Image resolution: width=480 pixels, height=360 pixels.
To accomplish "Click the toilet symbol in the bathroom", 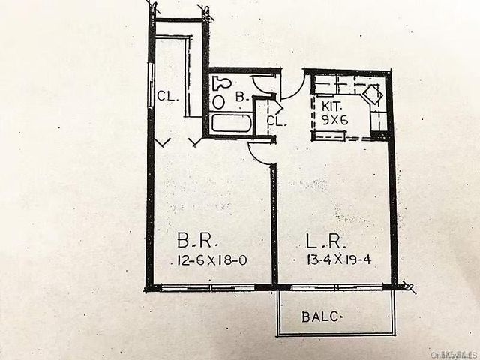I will [x=219, y=82].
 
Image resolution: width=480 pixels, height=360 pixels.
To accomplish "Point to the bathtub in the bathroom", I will [x=230, y=123].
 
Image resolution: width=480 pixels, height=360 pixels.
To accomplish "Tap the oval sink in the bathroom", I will [x=218, y=100].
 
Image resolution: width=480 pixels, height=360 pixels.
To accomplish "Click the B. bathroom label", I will [x=241, y=97].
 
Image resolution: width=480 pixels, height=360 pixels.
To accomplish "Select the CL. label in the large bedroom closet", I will [x=166, y=95].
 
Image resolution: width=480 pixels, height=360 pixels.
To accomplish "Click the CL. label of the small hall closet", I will [x=275, y=121].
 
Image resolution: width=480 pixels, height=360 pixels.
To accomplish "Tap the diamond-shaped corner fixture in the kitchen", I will [x=370, y=96].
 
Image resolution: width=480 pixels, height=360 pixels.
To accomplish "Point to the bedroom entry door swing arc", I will [x=259, y=153].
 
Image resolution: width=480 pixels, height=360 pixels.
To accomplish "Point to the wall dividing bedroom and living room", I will [x=274, y=225].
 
